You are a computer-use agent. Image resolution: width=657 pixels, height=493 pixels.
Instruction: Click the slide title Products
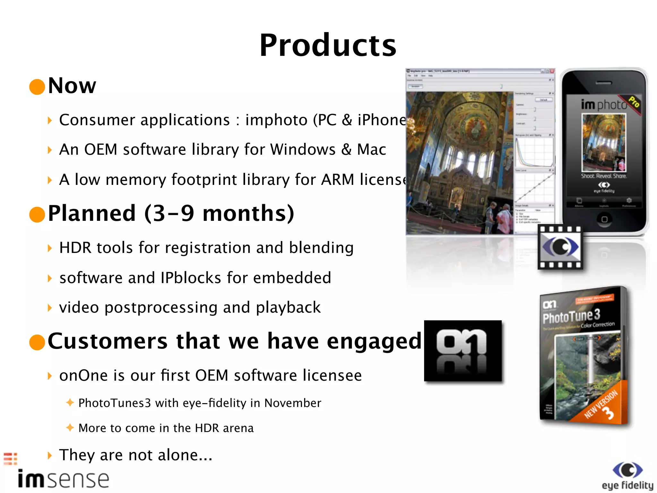[x=328, y=45]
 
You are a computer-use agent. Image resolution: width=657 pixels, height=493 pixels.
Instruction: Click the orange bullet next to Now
[x=37, y=87]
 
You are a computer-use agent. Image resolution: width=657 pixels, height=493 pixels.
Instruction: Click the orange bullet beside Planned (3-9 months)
[x=37, y=214]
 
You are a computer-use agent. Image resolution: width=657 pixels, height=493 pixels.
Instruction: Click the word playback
[x=288, y=307]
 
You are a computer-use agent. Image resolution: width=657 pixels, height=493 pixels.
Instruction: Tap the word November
[x=292, y=403]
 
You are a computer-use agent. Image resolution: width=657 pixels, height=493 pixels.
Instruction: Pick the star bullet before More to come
[x=70, y=427]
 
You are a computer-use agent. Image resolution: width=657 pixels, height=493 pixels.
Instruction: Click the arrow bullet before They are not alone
[x=49, y=455]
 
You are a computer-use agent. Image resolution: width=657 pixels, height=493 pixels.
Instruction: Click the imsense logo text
[x=64, y=479]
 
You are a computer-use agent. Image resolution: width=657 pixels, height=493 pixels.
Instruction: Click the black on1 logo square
[x=463, y=351]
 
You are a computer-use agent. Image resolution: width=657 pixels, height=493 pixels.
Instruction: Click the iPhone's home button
[x=604, y=219]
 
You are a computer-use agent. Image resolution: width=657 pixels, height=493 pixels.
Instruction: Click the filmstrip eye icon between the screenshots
[x=560, y=247]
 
